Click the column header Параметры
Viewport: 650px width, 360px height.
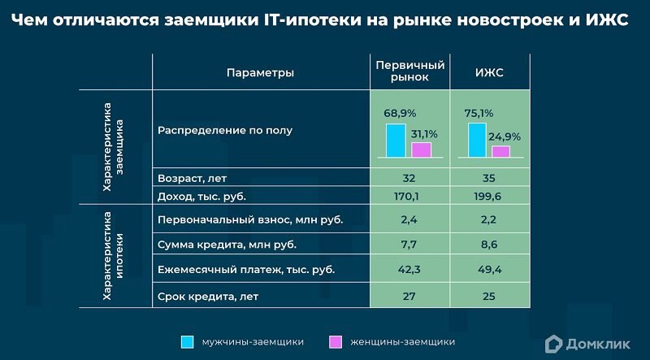[260, 72]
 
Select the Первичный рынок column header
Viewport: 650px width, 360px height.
[409, 72]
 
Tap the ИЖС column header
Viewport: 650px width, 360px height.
[489, 72]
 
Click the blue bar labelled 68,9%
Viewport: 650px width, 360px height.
[396, 140]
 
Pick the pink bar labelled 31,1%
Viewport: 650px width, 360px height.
[421, 149]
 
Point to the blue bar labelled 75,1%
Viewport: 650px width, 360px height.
[477, 139]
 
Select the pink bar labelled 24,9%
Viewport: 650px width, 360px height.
[501, 151]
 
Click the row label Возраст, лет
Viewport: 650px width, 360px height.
[192, 178]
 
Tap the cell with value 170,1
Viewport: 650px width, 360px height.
[409, 196]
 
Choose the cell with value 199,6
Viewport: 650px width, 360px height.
[489, 196]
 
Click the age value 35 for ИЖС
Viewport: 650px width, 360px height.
[489, 178]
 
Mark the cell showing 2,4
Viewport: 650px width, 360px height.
[409, 219]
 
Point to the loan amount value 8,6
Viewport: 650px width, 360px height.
[489, 244]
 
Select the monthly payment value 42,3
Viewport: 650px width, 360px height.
[409, 269]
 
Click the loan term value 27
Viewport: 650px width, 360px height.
[409, 296]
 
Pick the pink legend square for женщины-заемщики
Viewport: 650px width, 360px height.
[335, 341]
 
